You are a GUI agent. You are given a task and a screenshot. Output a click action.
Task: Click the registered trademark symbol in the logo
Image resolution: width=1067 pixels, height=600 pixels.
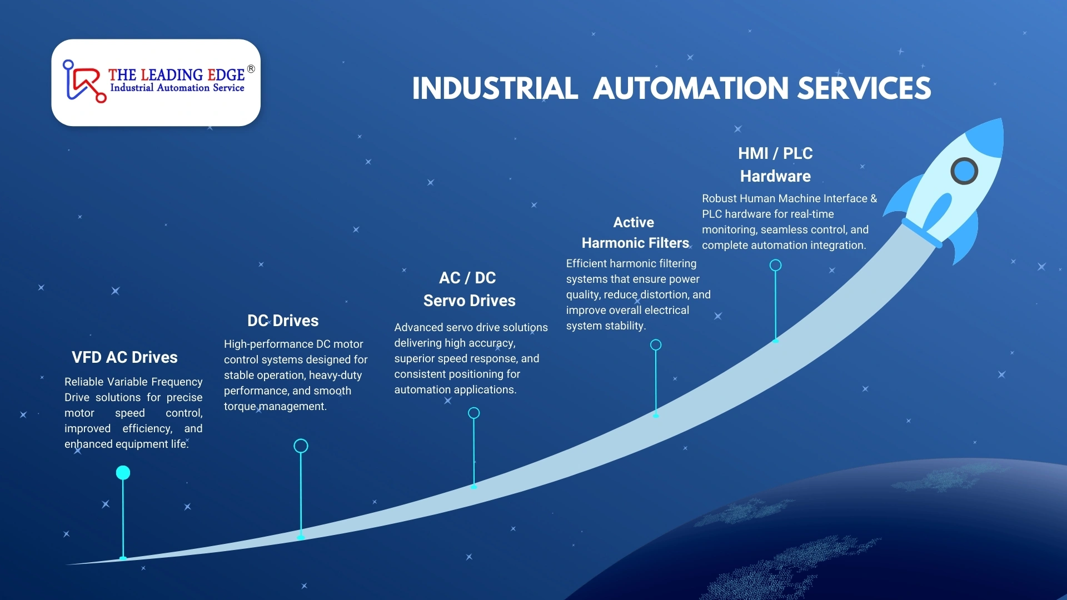251,69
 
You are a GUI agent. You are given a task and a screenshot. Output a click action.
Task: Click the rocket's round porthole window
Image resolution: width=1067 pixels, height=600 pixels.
964,171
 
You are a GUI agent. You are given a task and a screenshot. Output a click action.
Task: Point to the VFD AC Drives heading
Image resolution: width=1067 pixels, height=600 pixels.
124,357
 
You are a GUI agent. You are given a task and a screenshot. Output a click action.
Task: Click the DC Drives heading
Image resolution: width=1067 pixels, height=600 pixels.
283,321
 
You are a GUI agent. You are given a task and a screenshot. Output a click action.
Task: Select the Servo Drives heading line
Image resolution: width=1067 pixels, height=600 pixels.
470,301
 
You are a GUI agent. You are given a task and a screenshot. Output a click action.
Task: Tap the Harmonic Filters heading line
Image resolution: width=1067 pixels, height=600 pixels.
635,243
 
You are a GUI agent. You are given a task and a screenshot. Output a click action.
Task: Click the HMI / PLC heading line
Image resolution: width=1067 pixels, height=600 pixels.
775,153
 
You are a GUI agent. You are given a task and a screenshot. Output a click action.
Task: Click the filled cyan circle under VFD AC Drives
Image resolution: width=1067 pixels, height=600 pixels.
123,473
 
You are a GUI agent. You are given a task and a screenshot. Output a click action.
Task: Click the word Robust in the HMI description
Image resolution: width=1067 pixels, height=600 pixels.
719,198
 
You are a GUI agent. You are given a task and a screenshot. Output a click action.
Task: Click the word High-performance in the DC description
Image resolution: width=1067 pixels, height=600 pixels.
268,344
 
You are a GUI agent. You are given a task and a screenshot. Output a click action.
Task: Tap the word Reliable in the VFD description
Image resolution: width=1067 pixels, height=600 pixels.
84,382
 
